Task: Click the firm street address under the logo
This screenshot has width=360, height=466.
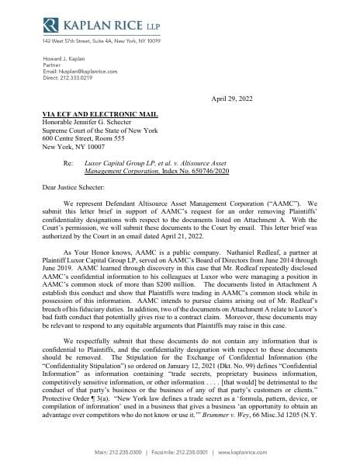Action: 101,40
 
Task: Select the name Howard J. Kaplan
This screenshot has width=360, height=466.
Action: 67,58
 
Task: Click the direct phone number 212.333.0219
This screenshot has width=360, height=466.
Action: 82,77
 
